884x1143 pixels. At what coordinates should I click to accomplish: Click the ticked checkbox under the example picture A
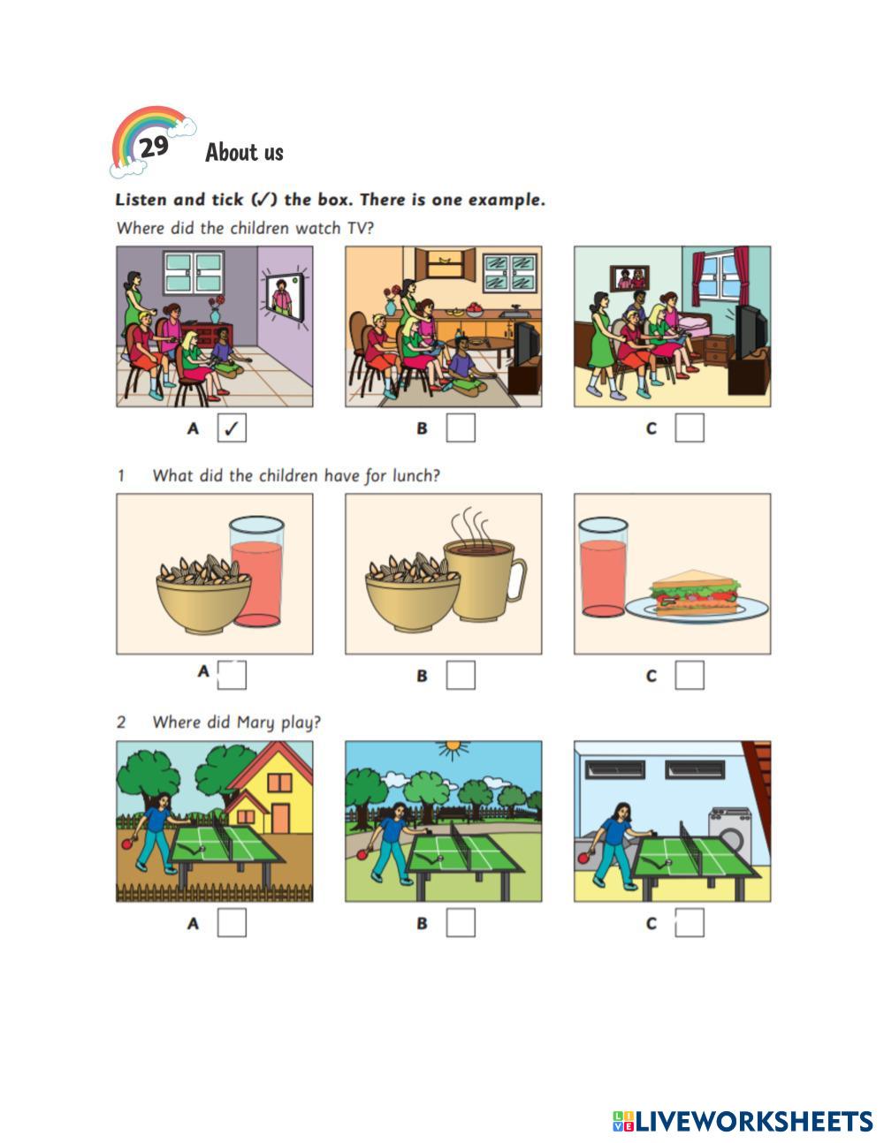click(232, 428)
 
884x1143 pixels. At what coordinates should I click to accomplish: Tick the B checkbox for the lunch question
click(461, 676)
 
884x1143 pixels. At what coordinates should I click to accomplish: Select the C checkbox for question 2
click(690, 922)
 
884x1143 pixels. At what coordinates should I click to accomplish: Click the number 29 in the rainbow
click(154, 147)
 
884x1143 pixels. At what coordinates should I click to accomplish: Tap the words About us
click(244, 153)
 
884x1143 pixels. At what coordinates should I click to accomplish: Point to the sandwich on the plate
click(696, 593)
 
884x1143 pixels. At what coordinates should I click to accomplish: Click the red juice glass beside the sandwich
click(603, 567)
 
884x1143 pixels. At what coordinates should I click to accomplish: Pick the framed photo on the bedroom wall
click(629, 279)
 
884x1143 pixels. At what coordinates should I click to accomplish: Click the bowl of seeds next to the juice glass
click(204, 594)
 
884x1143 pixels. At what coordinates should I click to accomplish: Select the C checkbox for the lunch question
click(690, 676)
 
